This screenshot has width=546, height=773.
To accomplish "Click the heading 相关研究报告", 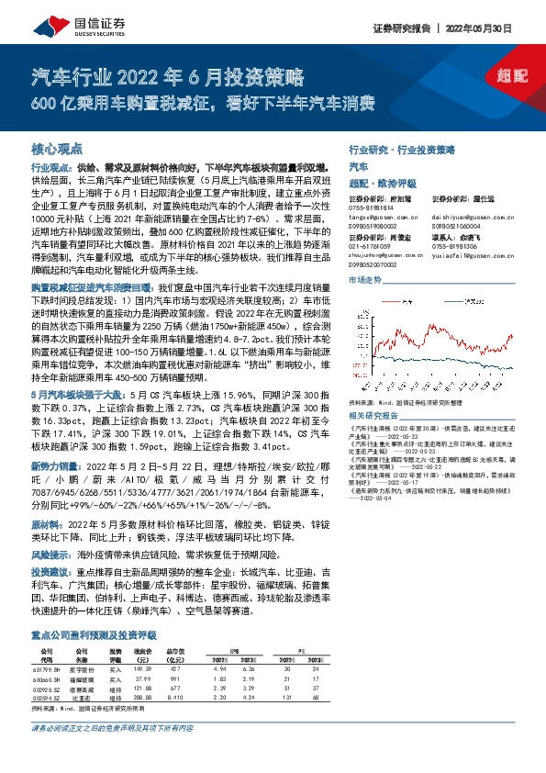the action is click(373, 389).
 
